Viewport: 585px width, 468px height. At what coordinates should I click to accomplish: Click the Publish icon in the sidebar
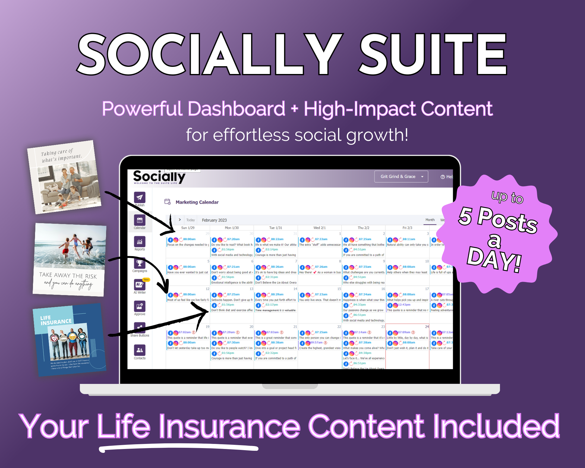[140, 197]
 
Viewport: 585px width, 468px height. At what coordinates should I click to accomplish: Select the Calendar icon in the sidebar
[140, 220]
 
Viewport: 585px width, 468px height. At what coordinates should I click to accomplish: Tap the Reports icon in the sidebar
[140, 242]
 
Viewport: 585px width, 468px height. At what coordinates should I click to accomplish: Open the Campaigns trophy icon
[140, 263]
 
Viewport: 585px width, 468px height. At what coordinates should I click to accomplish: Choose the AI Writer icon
[139, 285]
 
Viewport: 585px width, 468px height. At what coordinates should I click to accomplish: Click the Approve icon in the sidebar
[140, 306]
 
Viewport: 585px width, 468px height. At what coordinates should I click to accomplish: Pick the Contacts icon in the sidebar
[140, 350]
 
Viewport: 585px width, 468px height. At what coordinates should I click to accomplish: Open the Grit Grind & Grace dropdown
[401, 177]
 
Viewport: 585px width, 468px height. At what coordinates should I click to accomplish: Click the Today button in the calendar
[190, 220]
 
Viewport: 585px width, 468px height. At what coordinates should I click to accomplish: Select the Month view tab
[430, 220]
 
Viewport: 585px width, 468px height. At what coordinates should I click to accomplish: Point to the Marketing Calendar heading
[197, 202]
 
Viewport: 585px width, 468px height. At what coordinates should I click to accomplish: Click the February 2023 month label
[214, 220]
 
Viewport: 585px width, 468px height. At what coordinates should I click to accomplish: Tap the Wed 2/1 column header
[319, 228]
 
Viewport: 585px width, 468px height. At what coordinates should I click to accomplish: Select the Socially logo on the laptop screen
[159, 177]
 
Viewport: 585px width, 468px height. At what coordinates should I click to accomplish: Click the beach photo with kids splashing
[70, 247]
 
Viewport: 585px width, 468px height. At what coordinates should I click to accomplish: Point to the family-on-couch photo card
[64, 177]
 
